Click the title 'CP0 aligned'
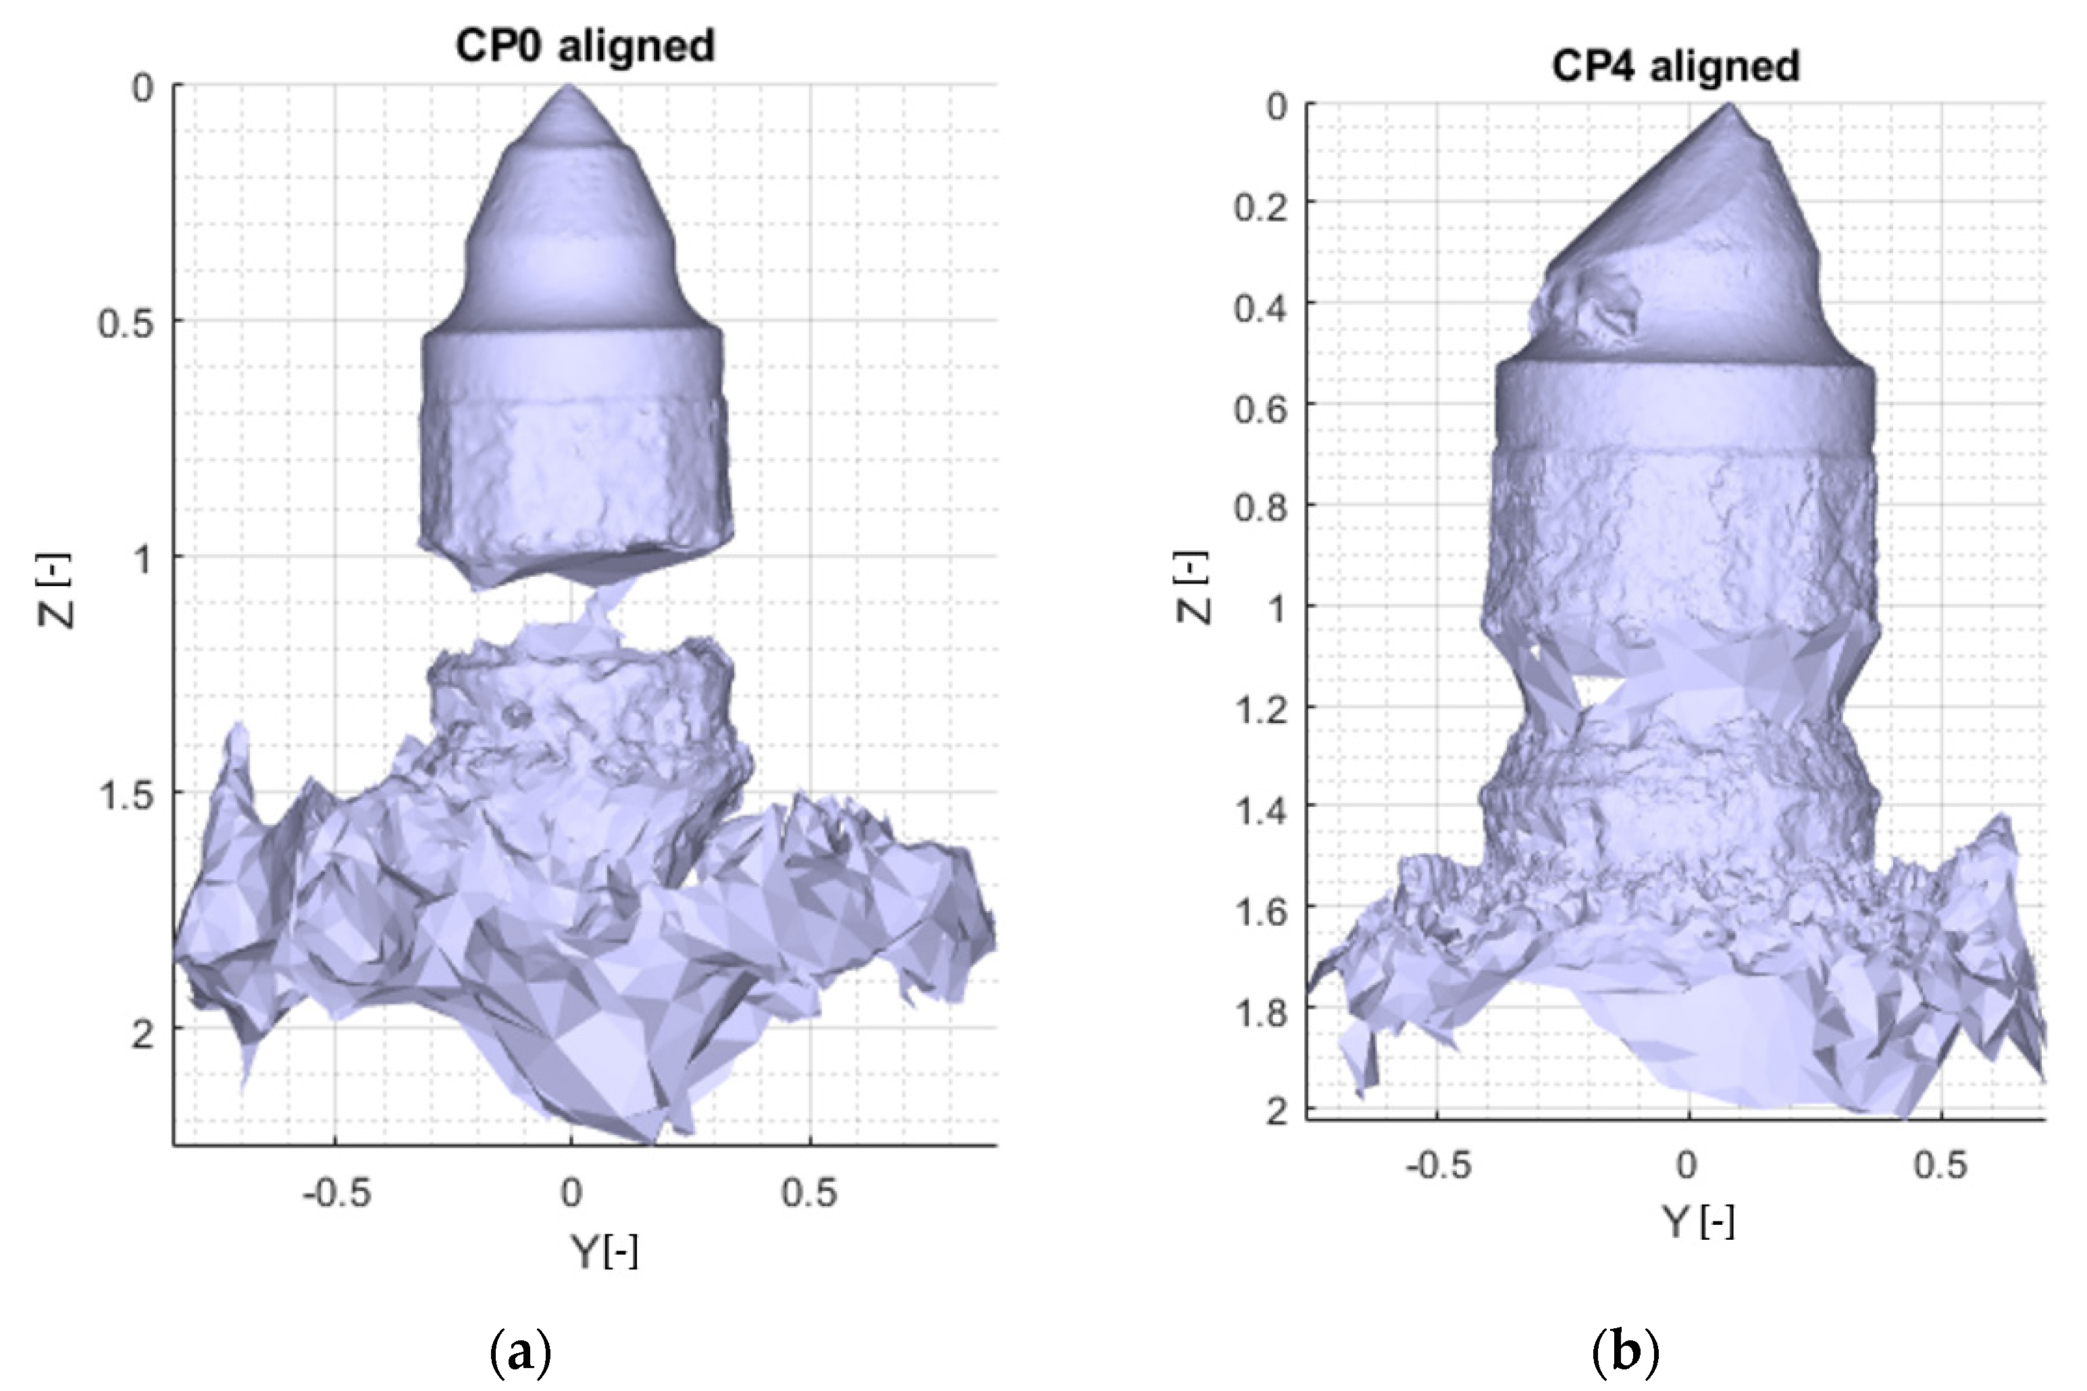point(585,45)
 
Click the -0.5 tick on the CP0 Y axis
point(336,1193)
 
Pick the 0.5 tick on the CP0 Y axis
point(809,1193)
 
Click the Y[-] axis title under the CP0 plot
point(604,1252)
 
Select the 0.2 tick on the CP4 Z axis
point(1260,207)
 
